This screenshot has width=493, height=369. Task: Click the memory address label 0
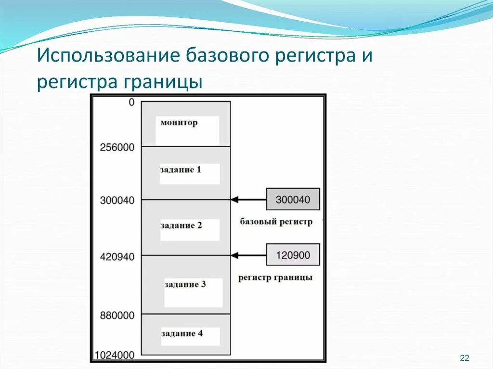tap(131, 102)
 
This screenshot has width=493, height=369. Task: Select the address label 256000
tap(117, 147)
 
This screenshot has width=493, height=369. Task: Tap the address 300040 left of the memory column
tap(117, 200)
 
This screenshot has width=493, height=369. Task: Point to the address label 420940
tap(117, 257)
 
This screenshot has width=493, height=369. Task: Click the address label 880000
tap(117, 316)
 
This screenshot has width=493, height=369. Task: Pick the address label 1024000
tap(114, 356)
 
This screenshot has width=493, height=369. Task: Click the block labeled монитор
tap(179, 123)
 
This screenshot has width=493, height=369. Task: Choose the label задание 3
tap(185, 284)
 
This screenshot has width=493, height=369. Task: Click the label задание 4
tap(185, 333)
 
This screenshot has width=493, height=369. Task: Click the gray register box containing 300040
tap(293, 199)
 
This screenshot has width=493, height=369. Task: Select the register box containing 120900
tap(293, 254)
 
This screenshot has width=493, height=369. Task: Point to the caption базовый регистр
tap(276, 222)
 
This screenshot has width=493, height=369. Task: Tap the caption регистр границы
tap(275, 278)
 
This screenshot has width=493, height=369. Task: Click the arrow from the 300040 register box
tap(248, 199)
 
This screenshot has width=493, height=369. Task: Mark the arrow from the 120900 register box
tap(248, 255)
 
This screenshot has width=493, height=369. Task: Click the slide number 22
tap(465, 357)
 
